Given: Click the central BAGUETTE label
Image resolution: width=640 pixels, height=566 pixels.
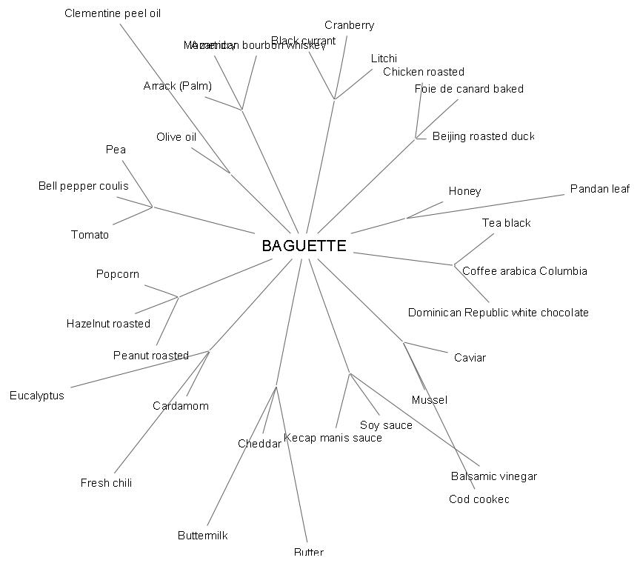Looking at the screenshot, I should click(304, 246).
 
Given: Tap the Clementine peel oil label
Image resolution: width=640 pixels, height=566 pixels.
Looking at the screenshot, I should click(113, 13).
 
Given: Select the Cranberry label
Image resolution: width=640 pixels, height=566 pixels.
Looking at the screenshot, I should click(349, 25).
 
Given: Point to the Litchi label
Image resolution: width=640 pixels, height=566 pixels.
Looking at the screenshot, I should click(384, 59).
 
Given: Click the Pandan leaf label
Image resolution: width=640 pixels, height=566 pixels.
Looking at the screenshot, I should click(599, 189).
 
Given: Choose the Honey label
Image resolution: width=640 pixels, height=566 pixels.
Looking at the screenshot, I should click(464, 191).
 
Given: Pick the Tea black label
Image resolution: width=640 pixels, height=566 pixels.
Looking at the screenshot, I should click(506, 223).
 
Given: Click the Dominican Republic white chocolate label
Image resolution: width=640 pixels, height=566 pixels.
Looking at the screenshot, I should click(498, 313).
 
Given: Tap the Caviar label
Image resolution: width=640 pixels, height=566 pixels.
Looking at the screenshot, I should click(470, 358).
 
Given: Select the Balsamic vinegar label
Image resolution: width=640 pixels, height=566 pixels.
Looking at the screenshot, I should click(493, 476).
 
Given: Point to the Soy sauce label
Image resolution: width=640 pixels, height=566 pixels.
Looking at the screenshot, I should click(385, 425).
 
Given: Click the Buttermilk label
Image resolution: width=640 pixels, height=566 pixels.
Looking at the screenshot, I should click(202, 536).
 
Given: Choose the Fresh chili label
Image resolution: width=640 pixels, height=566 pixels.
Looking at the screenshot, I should click(106, 483).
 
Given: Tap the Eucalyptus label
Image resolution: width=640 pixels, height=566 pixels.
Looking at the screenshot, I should click(37, 396).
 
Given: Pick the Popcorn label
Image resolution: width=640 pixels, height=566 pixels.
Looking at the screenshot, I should click(117, 274).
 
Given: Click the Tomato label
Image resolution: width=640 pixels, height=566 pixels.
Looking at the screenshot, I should click(90, 235).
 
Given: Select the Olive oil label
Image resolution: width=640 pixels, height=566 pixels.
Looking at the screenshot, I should click(176, 137).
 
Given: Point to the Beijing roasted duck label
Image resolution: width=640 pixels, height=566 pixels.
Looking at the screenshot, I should click(483, 136).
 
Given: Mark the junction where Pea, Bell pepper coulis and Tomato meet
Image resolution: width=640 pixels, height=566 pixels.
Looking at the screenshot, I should click(153, 206).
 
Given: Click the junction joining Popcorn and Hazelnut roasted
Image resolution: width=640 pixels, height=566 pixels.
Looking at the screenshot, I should click(178, 297).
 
